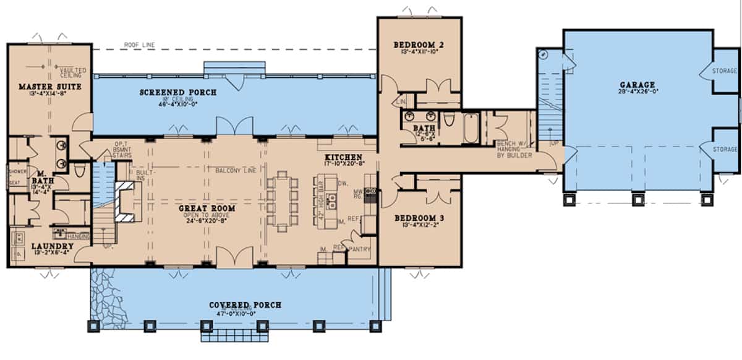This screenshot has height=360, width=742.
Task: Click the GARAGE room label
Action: click(639, 85)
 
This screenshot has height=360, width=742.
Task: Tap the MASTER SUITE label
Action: click(41, 87)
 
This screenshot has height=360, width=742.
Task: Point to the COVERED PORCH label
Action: click(245, 305)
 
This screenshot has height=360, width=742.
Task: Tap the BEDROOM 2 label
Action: click(419, 45)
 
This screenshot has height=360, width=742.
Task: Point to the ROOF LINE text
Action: click(140, 45)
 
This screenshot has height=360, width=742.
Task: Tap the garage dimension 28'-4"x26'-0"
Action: click(639, 93)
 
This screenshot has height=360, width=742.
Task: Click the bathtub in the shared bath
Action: click(471, 128)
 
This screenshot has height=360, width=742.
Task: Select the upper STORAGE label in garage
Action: click(725, 71)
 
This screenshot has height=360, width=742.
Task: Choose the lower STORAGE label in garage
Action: click(725, 149)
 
